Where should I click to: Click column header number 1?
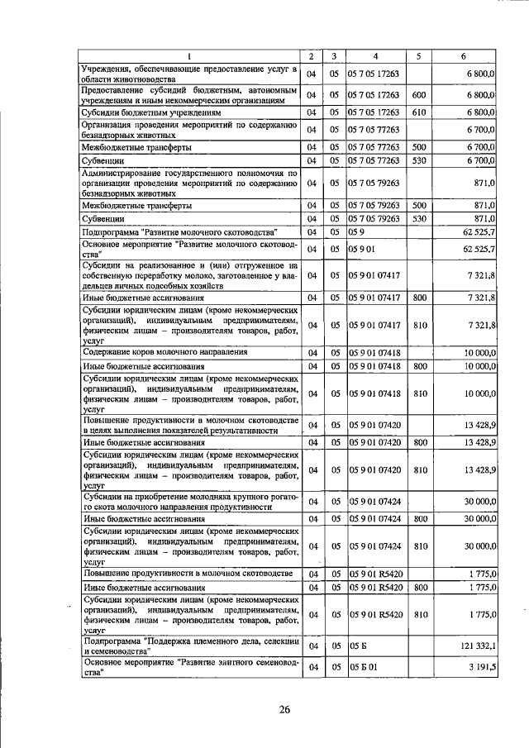point(188,56)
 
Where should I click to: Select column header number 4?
point(376,56)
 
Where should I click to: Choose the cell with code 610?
point(419,112)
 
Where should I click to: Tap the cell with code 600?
point(419,94)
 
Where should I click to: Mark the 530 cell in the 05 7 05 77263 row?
point(419,159)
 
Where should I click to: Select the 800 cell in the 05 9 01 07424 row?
point(419,518)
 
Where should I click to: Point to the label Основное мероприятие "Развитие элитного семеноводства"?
point(188,666)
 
